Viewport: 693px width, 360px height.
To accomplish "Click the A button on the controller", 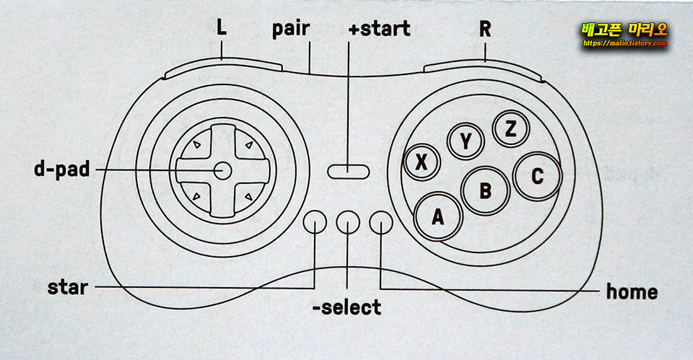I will (x=437, y=216).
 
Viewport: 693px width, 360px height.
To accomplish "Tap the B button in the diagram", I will (x=485, y=190).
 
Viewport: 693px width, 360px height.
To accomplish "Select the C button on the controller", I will (x=537, y=175).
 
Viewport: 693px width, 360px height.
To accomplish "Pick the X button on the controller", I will (x=423, y=162).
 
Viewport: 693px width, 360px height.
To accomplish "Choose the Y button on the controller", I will (x=466, y=142).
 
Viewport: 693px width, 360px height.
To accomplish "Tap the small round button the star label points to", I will (x=315, y=223).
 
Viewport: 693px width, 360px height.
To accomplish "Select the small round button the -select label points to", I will (x=348, y=223).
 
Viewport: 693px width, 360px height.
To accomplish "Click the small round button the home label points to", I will (x=380, y=223).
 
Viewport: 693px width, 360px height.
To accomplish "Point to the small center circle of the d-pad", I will (x=222, y=170).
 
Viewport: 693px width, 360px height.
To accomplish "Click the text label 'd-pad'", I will (x=61, y=170).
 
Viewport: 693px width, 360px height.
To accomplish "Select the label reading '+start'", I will (x=379, y=29).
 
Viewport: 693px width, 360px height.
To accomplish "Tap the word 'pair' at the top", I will (x=291, y=30).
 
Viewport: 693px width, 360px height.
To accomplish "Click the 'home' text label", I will (x=632, y=291).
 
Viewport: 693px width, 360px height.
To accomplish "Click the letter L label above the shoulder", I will (x=221, y=28).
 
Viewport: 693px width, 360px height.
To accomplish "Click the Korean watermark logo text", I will (x=624, y=30).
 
